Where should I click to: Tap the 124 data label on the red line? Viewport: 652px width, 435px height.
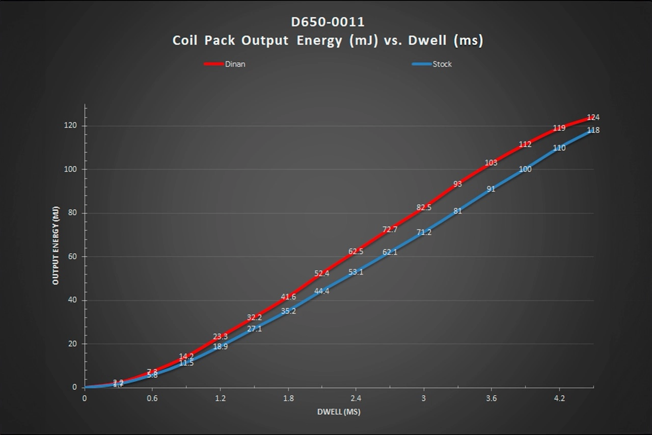[x=593, y=117]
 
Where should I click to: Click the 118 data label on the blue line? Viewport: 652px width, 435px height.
[x=593, y=130]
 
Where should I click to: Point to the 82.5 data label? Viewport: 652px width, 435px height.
[x=424, y=207]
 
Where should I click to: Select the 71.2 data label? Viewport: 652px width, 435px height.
[x=424, y=232]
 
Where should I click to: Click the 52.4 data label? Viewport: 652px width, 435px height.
[x=322, y=274]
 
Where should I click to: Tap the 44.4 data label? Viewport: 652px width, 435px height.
[x=322, y=291]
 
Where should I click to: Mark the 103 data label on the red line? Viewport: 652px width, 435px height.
[x=491, y=163]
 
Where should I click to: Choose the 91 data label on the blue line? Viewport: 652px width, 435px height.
[x=491, y=189]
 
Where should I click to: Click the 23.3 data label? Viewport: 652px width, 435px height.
[x=221, y=337]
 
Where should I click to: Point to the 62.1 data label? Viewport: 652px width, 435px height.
[x=390, y=252]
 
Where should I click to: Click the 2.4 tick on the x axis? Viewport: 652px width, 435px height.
[x=356, y=398]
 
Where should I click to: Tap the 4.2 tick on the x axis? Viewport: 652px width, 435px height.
[x=559, y=398]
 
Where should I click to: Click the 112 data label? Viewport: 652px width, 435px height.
[x=525, y=145]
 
